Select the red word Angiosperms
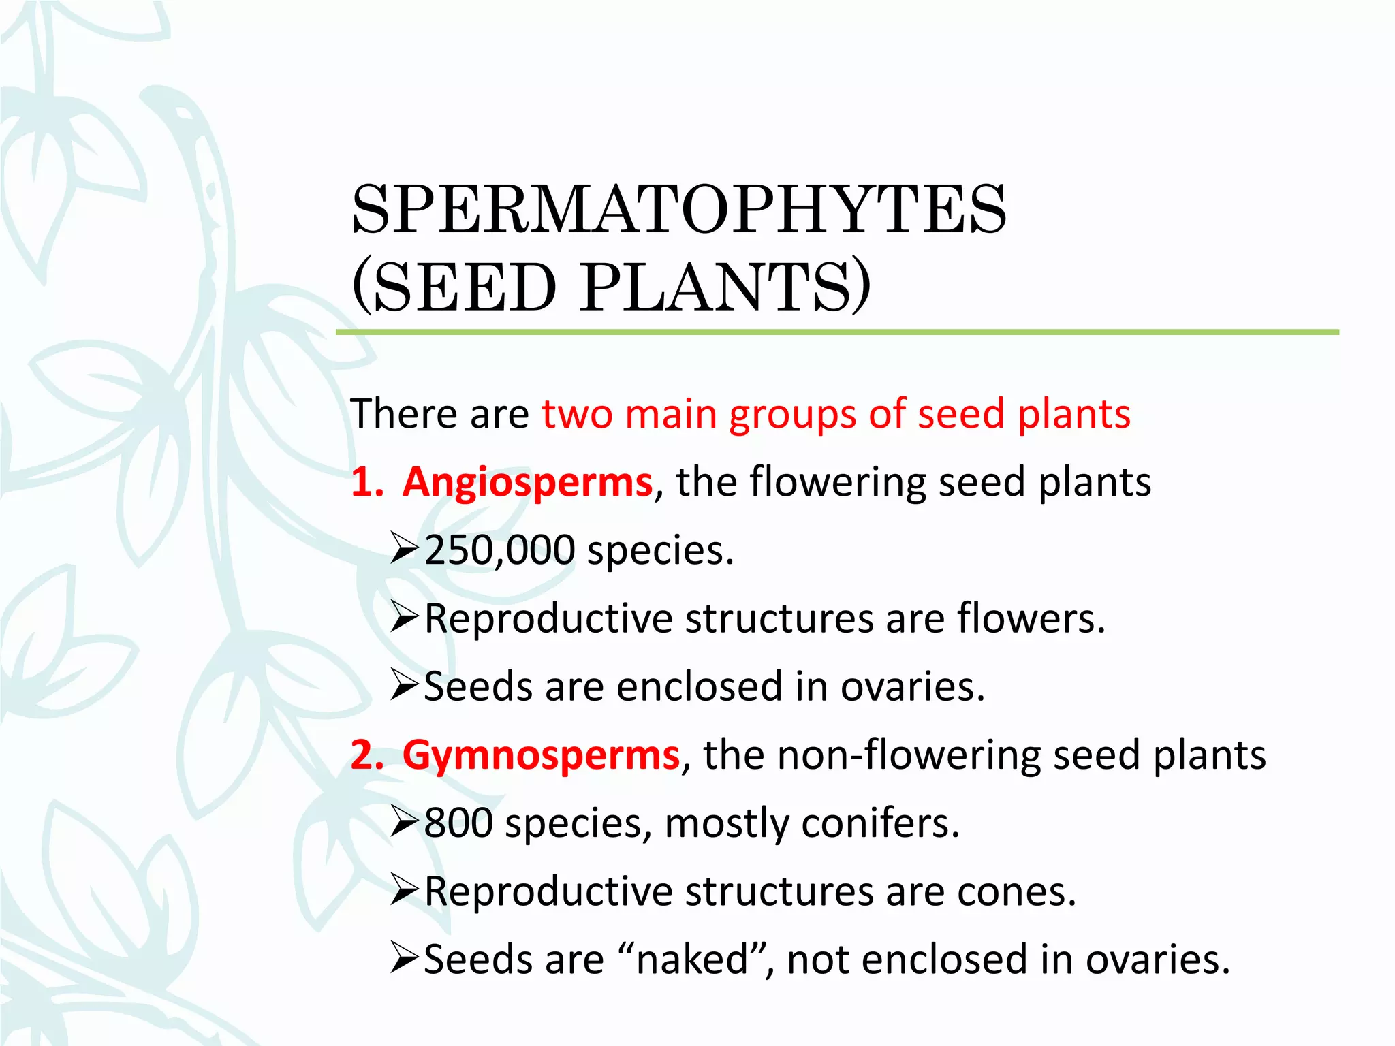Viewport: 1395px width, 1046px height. tap(527, 482)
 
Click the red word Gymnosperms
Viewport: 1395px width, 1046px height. tap(541, 755)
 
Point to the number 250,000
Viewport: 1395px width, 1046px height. tap(499, 550)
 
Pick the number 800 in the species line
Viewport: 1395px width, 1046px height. tap(458, 823)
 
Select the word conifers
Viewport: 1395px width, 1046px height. tap(879, 823)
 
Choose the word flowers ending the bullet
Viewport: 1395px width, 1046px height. tap(1030, 618)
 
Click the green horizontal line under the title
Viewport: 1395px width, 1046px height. tap(837, 332)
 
